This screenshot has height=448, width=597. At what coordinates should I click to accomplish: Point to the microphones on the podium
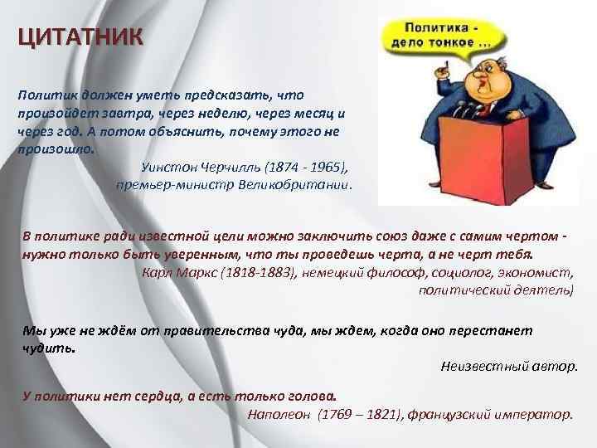click(x=452, y=112)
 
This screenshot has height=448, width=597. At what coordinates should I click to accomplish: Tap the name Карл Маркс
click(x=180, y=271)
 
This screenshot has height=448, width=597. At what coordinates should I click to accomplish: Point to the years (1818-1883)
click(x=258, y=271)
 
